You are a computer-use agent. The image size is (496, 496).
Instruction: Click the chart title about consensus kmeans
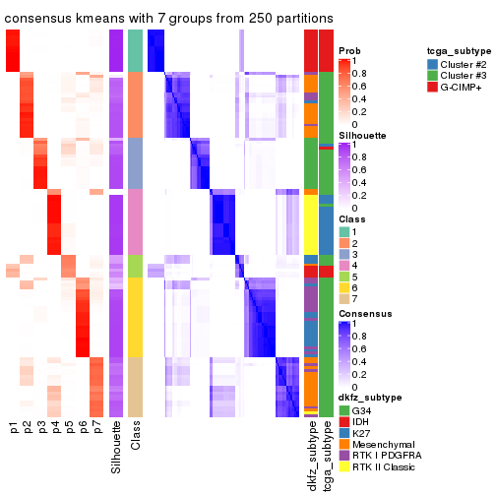tap(168, 19)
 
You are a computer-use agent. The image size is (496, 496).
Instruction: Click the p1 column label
tap(14, 428)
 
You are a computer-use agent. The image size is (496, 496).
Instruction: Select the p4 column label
tap(55, 428)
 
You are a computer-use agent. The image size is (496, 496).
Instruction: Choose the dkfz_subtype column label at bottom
tap(311, 453)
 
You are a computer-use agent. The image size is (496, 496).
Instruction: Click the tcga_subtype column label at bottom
tap(326, 453)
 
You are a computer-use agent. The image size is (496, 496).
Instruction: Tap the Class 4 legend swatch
tap(344, 265)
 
